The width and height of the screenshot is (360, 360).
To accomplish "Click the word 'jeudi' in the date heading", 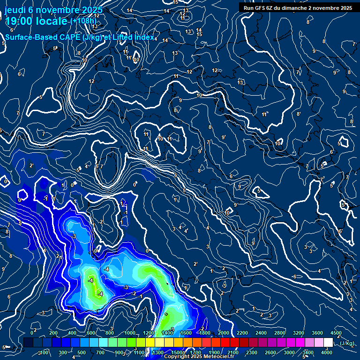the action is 16,10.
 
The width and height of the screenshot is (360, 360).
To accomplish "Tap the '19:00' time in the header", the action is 20,21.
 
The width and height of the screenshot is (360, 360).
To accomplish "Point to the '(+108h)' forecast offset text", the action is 83,21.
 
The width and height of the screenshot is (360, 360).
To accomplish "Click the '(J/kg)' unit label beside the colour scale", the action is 346,343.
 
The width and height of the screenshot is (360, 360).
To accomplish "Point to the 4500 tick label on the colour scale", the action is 336,333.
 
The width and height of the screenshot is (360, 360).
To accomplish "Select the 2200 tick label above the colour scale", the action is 242,333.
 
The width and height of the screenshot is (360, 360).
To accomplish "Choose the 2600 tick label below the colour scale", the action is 270,352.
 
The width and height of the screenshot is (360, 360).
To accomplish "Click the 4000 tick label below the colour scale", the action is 327,352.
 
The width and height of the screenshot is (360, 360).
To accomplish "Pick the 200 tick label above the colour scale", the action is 53,333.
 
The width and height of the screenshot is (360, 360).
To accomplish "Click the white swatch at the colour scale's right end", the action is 328,343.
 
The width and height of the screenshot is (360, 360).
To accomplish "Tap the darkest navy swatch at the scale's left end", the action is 28,343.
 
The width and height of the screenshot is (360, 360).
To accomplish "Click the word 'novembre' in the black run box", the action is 326,8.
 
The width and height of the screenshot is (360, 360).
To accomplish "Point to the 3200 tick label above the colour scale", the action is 298,333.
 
